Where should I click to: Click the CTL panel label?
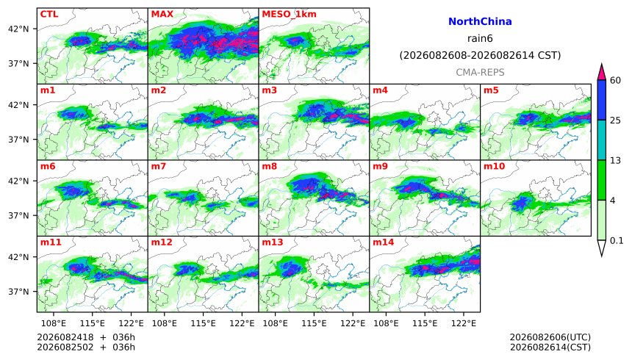pos(49,14)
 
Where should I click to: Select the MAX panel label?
pos(162,14)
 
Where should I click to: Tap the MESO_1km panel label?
pos(289,15)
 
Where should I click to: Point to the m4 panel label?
pos(380,90)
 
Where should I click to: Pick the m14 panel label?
pos(384,242)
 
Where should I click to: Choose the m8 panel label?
pos(269,166)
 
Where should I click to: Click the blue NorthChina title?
pos(480,22)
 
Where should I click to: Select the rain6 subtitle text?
pos(480,39)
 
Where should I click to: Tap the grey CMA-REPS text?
pos(480,73)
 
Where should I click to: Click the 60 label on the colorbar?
pos(616,80)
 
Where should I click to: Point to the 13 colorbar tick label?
pos(616,160)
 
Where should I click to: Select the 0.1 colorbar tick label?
pos(617,241)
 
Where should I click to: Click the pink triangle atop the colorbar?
pos(601,73)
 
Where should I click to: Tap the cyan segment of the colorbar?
pos(601,140)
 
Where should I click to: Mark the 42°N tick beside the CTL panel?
pos(18,29)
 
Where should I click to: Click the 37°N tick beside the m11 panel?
pos(18,292)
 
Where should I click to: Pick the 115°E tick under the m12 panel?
pos(203,323)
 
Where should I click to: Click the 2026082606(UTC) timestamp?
pos(550,337)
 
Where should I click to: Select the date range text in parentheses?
pos(480,55)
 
